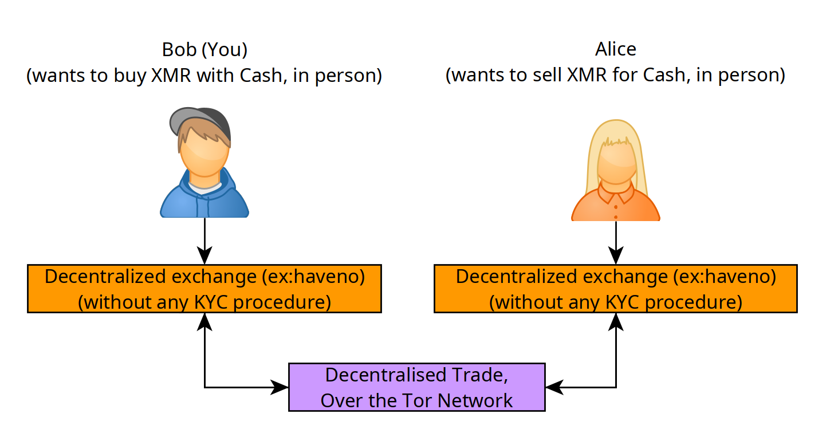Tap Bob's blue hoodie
pyautogui.click(x=204, y=200)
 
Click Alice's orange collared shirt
pyautogui.click(x=615, y=204)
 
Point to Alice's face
pyautogui.click(x=616, y=163)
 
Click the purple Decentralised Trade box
pyautogui.click(x=417, y=387)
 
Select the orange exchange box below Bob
pyautogui.click(x=204, y=288)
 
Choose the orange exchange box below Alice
pyautogui.click(x=616, y=288)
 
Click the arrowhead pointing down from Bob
pyautogui.click(x=204, y=255)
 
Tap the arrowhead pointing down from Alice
pyautogui.click(x=616, y=255)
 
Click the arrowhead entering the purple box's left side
pyautogui.click(x=280, y=387)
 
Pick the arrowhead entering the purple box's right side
pyautogui.click(x=554, y=387)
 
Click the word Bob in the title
pyautogui.click(x=179, y=50)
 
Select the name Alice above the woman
pyautogui.click(x=615, y=49)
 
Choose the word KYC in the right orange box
pyautogui.click(x=622, y=302)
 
